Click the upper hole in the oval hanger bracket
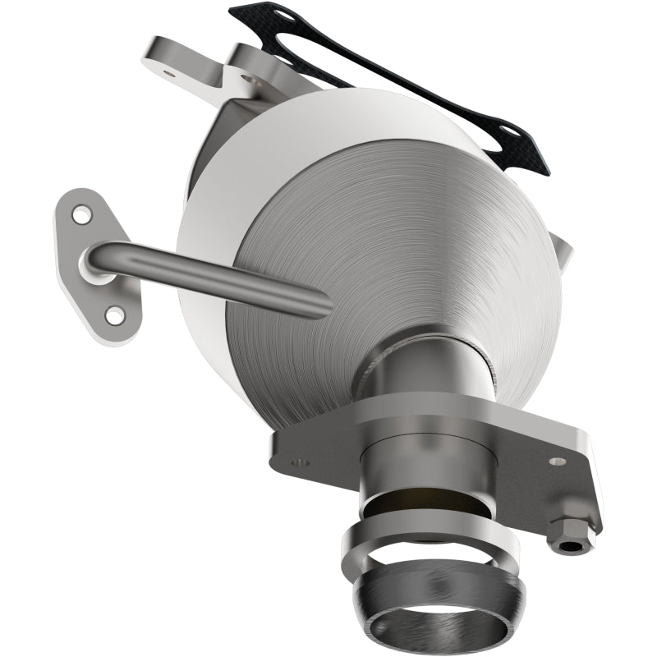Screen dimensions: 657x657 (81, 216)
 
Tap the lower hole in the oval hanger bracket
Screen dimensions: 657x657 (114, 314)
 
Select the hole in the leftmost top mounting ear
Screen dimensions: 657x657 (170, 74)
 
